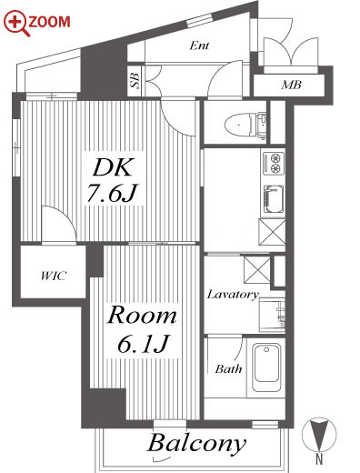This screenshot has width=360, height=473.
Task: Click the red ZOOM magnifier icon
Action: click(15, 23)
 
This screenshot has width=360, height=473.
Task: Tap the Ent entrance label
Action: click(199, 45)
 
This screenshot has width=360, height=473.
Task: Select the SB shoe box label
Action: click(135, 80)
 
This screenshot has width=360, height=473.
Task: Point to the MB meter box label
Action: click(291, 85)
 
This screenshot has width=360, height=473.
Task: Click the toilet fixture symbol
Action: click(245, 125)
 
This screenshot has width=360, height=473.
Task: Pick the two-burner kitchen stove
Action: click(274, 163)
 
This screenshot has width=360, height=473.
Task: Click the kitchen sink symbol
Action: click(274, 199)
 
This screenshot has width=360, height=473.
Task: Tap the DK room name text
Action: click(113, 167)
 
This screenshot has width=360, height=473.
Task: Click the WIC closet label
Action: click(54, 276)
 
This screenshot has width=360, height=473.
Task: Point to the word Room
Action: click(142, 316)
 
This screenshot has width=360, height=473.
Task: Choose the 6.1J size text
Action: click(143, 344)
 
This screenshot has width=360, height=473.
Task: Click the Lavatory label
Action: click(233, 295)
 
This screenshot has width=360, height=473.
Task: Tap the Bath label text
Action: click(228, 368)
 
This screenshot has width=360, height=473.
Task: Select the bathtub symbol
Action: click(266, 367)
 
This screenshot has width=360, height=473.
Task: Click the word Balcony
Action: click(196, 444)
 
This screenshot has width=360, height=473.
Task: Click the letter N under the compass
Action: click(319, 458)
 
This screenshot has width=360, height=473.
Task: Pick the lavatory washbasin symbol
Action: click(272, 315)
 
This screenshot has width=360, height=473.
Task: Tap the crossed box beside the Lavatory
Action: click(257, 270)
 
